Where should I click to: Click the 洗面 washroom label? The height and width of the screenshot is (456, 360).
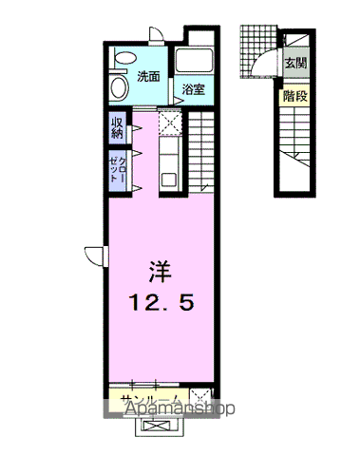pyautogui.click(x=148, y=77)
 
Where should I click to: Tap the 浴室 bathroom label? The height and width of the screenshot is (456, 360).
pyautogui.click(x=193, y=89)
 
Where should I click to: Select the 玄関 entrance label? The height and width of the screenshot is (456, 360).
pyautogui.click(x=295, y=63)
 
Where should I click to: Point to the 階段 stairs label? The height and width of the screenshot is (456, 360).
pyautogui.click(x=295, y=96)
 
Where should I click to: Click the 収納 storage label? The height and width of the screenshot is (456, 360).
pyautogui.click(x=117, y=127)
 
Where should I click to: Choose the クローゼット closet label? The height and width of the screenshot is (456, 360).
pyautogui.click(x=117, y=169)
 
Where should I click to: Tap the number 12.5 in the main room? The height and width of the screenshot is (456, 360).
pyautogui.click(x=161, y=302)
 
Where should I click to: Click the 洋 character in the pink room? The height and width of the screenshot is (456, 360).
pyautogui.click(x=161, y=272)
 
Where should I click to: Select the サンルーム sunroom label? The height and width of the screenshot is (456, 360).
pyautogui.click(x=151, y=400)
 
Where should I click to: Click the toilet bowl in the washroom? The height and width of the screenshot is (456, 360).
pyautogui.click(x=119, y=87)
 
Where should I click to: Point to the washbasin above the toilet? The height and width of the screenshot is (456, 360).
pyautogui.click(x=125, y=58)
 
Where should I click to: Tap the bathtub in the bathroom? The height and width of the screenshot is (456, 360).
pyautogui.click(x=194, y=60)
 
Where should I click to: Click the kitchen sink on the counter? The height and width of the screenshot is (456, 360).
pyautogui.click(x=169, y=180)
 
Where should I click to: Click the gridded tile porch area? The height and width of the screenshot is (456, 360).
pyautogui.click(x=257, y=50)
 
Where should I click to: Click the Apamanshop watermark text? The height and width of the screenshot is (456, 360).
pyautogui.click(x=180, y=408)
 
